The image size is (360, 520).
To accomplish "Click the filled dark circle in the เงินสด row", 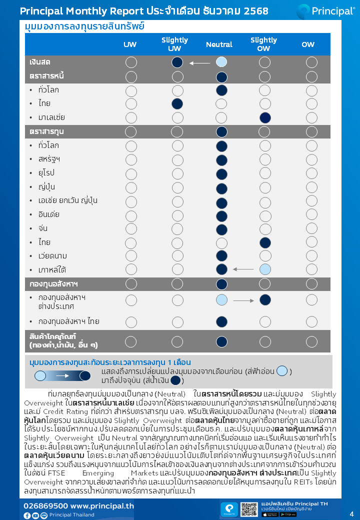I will pyautogui.click(x=177, y=62).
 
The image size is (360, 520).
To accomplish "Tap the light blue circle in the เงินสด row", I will pyautogui.click(x=221, y=62).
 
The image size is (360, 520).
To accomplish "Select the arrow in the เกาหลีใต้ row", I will pyautogui.click(x=243, y=269).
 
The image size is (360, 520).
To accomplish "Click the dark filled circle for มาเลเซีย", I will pyautogui.click(x=265, y=118).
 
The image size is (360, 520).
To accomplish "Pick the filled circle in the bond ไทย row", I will pyautogui.click(x=177, y=104).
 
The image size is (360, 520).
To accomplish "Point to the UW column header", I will pyautogui.click(x=130, y=44).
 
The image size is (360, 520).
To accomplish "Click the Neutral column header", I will pyautogui.click(x=219, y=44).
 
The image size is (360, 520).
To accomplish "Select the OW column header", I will pyautogui.click(x=308, y=44).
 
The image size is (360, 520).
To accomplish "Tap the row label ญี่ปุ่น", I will pyautogui.click(x=46, y=187).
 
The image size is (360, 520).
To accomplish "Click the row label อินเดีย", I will pyautogui.click(x=48, y=214).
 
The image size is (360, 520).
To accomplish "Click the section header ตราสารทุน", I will pyautogui.click(x=46, y=131).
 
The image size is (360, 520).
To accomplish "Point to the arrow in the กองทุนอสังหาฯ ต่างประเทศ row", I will pyautogui.click(x=243, y=301).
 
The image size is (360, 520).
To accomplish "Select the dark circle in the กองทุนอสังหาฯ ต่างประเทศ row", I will pyautogui.click(x=265, y=300).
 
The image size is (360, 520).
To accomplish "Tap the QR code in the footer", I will pyautogui.click(x=248, y=509).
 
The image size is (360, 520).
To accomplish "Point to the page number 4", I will pyautogui.click(x=351, y=513).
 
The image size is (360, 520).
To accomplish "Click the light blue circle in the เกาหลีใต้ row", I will pyautogui.click(x=265, y=269).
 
